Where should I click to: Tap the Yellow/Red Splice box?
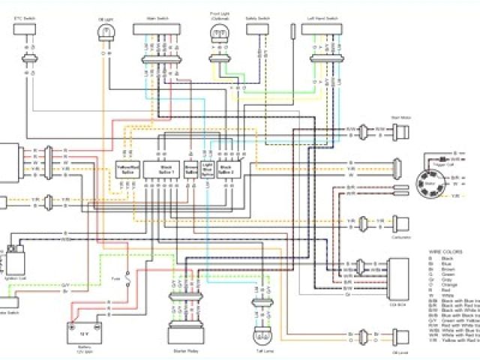(126, 169)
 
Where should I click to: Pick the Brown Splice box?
(190, 169)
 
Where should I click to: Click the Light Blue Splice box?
(207, 169)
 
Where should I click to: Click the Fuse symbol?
(129, 280)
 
